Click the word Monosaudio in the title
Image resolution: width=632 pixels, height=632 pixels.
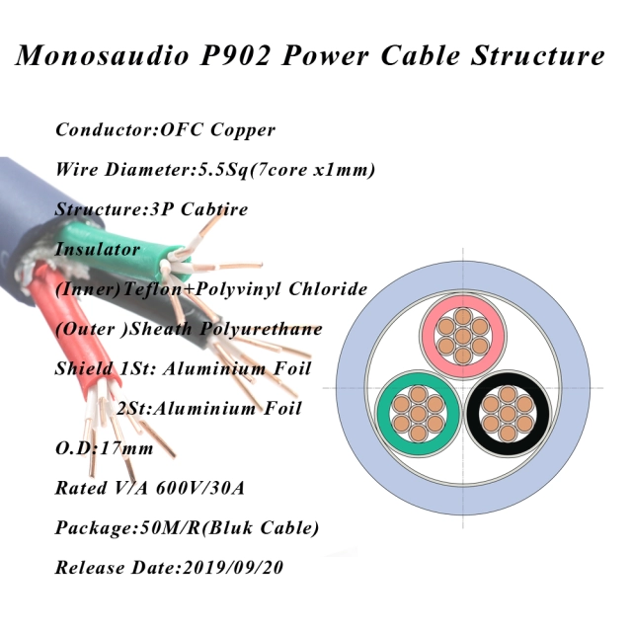[103, 55]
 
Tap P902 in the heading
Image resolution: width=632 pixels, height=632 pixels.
[235, 55]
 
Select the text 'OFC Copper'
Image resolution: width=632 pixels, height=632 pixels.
[218, 130]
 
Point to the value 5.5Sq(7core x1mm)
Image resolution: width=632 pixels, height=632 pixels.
[286, 170]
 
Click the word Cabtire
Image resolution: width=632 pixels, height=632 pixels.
[214, 209]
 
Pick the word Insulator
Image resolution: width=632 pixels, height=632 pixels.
[98, 249]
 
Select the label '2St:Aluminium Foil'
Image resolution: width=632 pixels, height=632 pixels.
[209, 408]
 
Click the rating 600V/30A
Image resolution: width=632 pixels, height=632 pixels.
[199, 488]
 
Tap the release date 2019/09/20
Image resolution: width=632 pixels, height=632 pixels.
[233, 568]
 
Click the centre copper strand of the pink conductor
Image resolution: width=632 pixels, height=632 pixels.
[463, 336]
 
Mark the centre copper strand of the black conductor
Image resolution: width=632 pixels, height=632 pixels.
[508, 414]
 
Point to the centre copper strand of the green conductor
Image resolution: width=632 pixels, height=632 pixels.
[418, 414]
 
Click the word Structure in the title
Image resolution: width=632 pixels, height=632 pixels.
[537, 55]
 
